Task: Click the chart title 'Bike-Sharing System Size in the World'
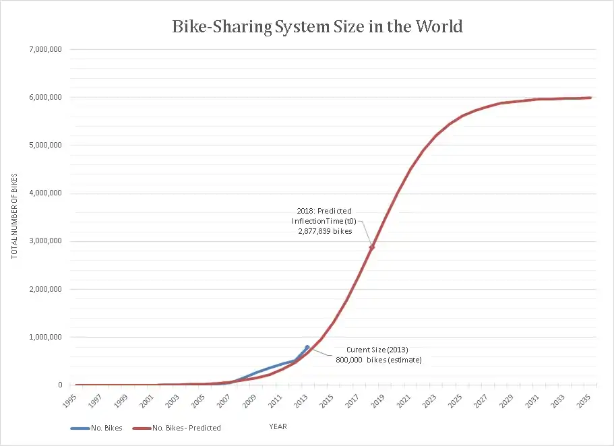[317, 27]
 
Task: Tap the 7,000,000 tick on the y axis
[44, 49]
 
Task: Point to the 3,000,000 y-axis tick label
[44, 241]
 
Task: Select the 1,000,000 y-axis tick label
[44, 337]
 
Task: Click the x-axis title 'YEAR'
[278, 426]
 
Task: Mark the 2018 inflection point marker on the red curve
[371, 247]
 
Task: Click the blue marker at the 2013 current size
[307, 347]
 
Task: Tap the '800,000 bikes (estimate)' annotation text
[378, 359]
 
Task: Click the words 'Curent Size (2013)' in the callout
[377, 349]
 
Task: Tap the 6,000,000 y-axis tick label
[44, 97]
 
